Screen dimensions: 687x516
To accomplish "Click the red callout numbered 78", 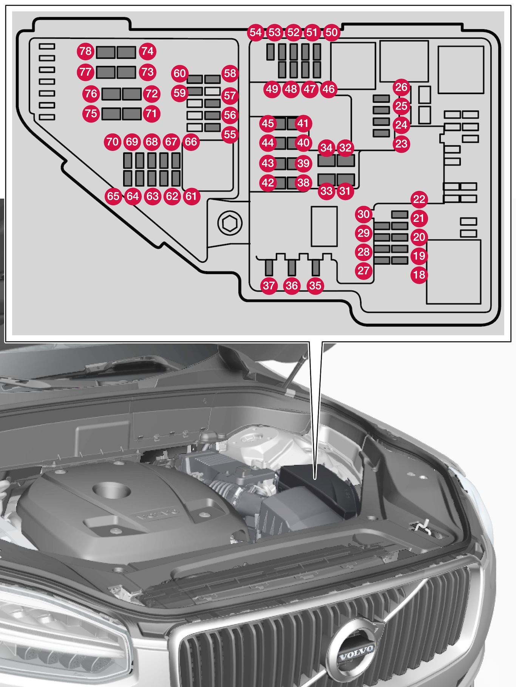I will [86, 51].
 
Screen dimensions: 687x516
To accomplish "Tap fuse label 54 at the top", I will [256, 32].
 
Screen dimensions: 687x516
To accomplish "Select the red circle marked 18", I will [419, 274].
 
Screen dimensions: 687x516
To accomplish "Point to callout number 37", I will [269, 285].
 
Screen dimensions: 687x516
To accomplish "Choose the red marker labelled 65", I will [113, 196].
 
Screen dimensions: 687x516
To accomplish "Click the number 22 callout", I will [419, 199].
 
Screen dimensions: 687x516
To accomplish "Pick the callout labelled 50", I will [331, 32].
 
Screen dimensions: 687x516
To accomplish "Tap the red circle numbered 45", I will [268, 123].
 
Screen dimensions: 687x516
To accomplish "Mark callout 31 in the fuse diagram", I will [345, 191].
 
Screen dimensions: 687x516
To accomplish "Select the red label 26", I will [401, 87].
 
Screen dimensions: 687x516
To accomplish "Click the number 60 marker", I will [180, 73].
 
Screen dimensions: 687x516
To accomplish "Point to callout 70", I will [112, 142].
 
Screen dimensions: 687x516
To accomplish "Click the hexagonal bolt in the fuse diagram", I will [230, 224].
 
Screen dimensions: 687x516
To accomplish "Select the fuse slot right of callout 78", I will [105, 52].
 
